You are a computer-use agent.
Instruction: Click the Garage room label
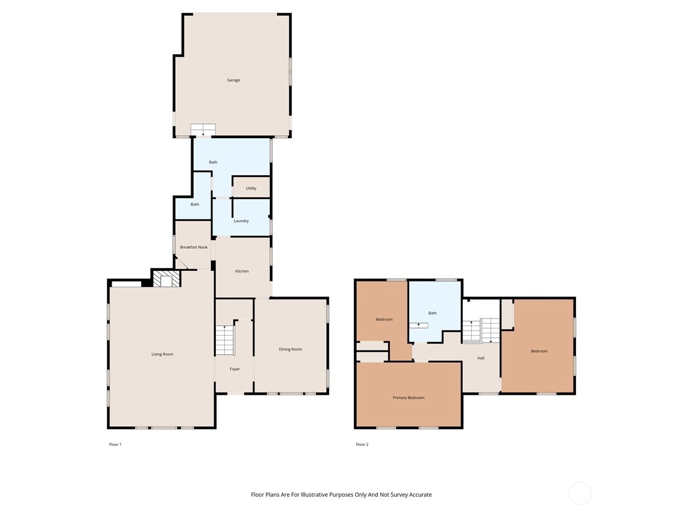pos(233,80)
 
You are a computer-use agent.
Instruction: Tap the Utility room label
pos(251,188)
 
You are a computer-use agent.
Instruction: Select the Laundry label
pos(241,221)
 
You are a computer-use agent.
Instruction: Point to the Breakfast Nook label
pos(194,247)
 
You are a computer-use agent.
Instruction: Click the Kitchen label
pos(242,271)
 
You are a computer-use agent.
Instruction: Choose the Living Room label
pos(162,354)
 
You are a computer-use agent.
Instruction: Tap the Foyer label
pos(234,369)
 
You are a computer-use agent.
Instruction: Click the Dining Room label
pos(290,349)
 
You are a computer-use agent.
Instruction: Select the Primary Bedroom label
pos(408,398)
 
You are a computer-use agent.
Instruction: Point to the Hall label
pos(481,358)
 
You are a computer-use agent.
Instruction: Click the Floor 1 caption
pos(115,444)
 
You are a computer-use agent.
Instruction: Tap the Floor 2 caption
pos(362,444)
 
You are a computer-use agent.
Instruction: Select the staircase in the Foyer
pos(224,340)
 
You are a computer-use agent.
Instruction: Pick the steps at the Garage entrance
pos(203,129)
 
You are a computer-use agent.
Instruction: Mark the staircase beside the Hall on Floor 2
pos(481,331)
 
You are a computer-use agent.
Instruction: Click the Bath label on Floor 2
pos(432,313)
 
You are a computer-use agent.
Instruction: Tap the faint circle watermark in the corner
pos(580,493)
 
